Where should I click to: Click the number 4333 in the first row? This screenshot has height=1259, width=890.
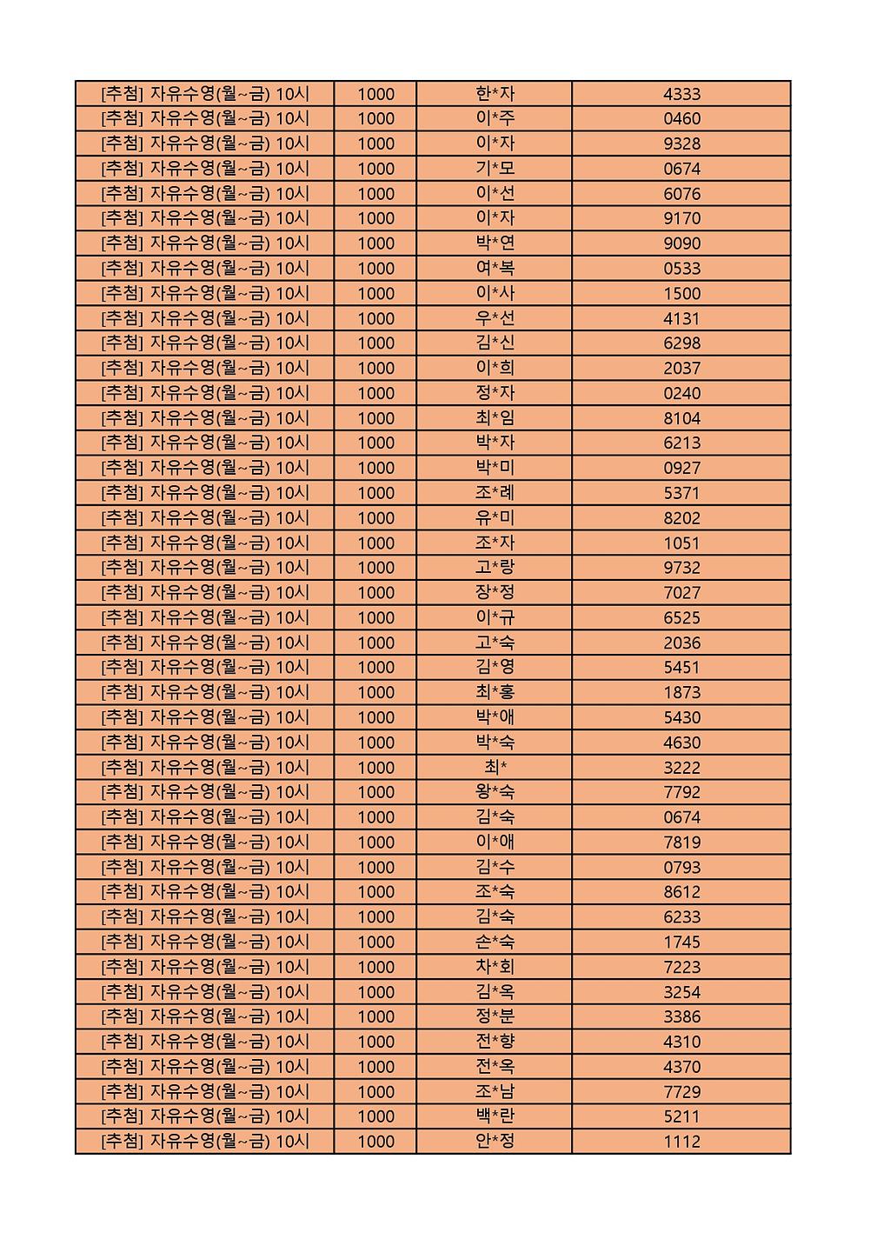pos(681,94)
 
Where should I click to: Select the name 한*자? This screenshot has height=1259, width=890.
pos(495,94)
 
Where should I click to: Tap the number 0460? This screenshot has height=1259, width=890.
pos(681,119)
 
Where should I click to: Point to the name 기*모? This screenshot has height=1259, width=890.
pos(495,169)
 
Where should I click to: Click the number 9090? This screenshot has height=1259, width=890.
pos(681,243)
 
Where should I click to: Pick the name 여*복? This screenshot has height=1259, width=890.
pos(495,269)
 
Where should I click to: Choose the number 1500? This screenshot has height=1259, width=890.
pos(681,294)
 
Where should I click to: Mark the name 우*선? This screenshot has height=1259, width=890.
pos(495,318)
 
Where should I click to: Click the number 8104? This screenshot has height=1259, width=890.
pos(681,418)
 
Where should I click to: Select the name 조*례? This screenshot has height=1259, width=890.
pos(495,493)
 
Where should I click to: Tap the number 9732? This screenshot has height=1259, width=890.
pos(681,568)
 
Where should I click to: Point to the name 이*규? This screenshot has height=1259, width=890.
pos(495,618)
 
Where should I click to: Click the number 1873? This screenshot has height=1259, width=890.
pos(681,693)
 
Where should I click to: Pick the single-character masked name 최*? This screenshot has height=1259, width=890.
pos(495,768)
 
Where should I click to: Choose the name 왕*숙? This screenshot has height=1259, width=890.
pos(495,792)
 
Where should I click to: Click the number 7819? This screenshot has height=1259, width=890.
pos(681,843)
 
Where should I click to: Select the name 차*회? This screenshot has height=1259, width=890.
pos(495,967)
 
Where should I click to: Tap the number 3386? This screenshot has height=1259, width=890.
pos(681,1017)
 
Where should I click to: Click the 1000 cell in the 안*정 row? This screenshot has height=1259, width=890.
pos(375,1142)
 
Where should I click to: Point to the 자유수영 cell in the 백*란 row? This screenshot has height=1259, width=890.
pos(205,1116)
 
